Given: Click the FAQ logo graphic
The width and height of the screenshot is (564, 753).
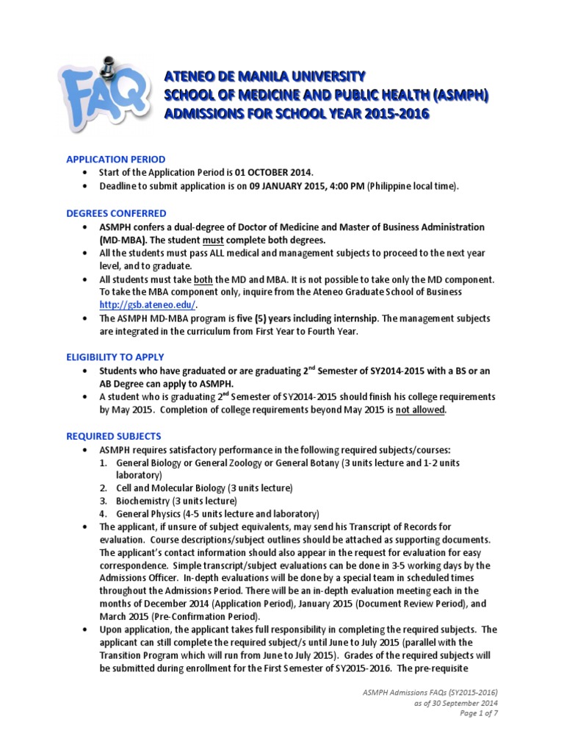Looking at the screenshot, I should click(96, 95).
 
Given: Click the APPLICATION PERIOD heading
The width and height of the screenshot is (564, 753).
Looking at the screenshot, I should click(115, 159).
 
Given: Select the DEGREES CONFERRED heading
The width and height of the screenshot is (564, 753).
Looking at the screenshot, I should click(116, 213).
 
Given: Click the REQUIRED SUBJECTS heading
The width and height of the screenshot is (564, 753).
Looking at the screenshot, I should click(113, 436).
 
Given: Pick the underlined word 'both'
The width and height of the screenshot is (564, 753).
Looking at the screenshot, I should click(203, 279).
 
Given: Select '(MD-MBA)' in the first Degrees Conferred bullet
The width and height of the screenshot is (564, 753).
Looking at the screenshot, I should click(126, 240).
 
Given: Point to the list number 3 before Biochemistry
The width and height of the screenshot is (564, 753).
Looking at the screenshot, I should click(104, 501).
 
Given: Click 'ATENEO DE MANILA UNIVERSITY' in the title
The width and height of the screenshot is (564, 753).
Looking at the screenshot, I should click(264, 76).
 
